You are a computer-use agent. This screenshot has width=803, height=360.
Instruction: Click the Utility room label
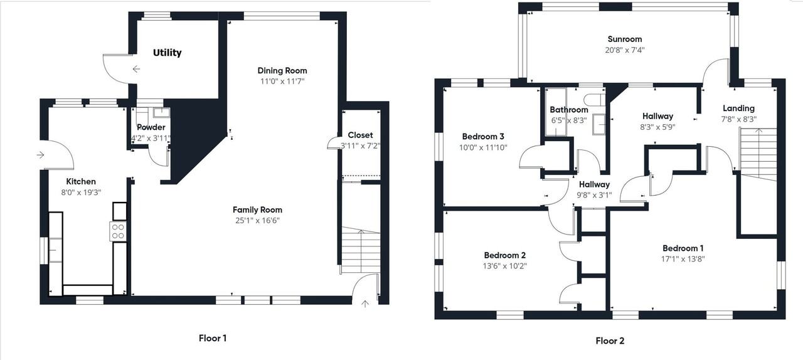pyautogui.click(x=167, y=53)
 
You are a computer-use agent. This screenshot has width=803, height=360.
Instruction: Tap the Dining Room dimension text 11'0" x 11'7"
pyautogui.click(x=282, y=81)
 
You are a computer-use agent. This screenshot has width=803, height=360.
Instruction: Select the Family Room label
pyautogui.click(x=257, y=209)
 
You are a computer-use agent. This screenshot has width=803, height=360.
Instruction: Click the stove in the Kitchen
pyautogui.click(x=118, y=231)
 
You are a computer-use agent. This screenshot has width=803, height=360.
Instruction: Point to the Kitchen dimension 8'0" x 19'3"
pyautogui.click(x=80, y=193)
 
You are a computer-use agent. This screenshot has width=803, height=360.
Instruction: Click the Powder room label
pyautogui.click(x=151, y=127)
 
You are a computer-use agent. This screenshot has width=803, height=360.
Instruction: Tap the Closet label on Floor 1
pyautogui.click(x=360, y=135)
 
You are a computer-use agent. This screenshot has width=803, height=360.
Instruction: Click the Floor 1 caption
pyautogui.click(x=213, y=338)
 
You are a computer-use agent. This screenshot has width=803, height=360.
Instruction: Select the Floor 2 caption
pyautogui.click(x=610, y=341)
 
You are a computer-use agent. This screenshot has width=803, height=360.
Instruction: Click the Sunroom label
pyautogui.click(x=624, y=39)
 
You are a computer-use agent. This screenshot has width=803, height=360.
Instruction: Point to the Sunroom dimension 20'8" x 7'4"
pyautogui.click(x=624, y=50)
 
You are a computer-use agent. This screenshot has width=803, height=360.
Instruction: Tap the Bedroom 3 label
pyautogui.click(x=483, y=136)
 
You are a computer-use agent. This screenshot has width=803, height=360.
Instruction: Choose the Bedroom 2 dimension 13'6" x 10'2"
pyautogui.click(x=504, y=266)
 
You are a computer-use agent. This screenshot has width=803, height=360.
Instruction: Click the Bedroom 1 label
pyautogui.click(x=683, y=248)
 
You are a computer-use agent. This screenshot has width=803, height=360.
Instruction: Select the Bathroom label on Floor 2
pyautogui.click(x=569, y=110)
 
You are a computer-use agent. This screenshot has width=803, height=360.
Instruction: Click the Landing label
pyautogui.click(x=738, y=108)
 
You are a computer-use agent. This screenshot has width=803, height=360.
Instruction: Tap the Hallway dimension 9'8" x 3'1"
pyautogui.click(x=593, y=195)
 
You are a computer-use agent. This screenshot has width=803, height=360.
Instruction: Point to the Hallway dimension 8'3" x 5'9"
pyautogui.click(x=657, y=126)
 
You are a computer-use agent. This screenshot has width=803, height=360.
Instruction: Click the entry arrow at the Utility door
pyautogui.click(x=136, y=69)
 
